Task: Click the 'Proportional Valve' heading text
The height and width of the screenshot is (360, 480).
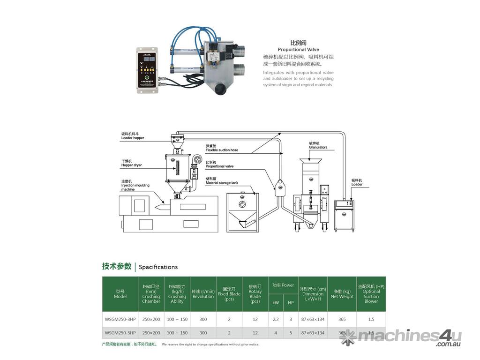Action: click(298, 49)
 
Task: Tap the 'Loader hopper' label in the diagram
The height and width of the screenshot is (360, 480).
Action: click(133, 138)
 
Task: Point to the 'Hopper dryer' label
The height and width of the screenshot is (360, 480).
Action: click(131, 165)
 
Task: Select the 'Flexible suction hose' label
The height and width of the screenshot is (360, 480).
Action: click(222, 150)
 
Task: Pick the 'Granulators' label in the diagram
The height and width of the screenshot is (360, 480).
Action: click(318, 147)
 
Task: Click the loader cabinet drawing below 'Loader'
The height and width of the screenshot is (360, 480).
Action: click(344, 216)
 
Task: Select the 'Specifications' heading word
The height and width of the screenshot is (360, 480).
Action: click(158, 267)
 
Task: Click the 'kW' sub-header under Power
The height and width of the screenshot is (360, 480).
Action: click(276, 303)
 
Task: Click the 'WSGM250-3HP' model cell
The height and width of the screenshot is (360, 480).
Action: click(120, 320)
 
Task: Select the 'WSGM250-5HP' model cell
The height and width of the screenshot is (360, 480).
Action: click(120, 333)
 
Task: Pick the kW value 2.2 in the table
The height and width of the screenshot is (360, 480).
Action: click(276, 320)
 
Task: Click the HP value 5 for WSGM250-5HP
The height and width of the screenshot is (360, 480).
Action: click(291, 333)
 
